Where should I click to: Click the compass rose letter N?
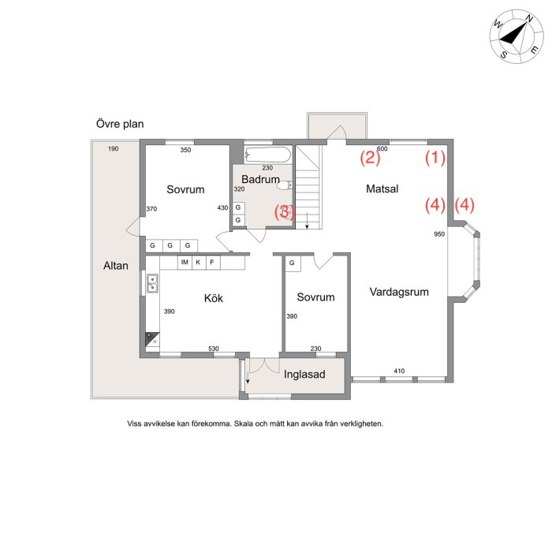529,19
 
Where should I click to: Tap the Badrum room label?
260,179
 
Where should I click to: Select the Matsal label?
382,188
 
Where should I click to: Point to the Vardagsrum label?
399,292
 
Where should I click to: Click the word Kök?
214,298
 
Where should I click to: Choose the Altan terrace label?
115,266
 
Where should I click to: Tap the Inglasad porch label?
304,375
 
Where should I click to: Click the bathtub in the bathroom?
268,155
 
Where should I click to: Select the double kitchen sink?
152,283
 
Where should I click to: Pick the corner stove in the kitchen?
152,339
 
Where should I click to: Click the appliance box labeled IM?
185,263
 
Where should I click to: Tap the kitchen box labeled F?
212,263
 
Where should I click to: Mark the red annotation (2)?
370,158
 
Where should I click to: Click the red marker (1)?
435,158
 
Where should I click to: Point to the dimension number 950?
439,234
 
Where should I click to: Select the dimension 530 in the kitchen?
214,349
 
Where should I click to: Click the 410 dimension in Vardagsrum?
399,371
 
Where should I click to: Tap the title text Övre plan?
120,124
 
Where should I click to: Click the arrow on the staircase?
307,221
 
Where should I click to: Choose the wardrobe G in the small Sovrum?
292,263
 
